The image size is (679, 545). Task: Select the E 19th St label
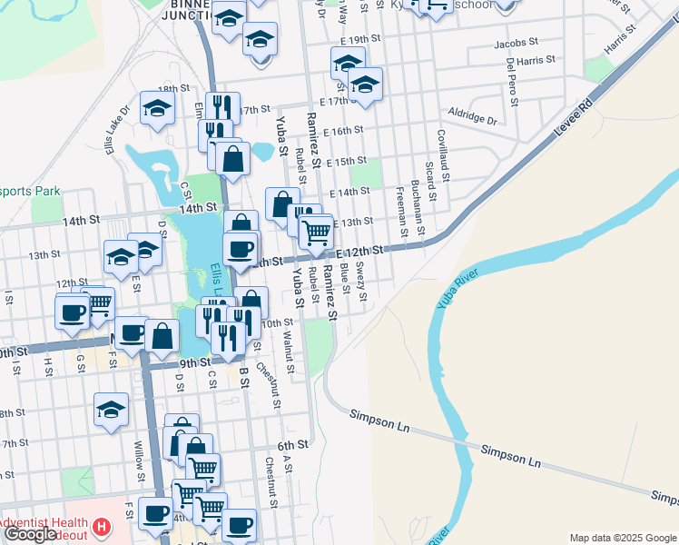pyautogui.click(x=361, y=40)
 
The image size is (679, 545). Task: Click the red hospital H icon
pyautogui.click(x=103, y=525)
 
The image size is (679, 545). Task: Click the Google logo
pyautogui.click(x=30, y=534)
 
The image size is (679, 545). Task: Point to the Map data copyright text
pyautogui.click(x=623, y=538)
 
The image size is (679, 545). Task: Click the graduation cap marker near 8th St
pyautogui.click(x=112, y=410)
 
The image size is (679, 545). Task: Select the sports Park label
pyautogui.click(x=30, y=191)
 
